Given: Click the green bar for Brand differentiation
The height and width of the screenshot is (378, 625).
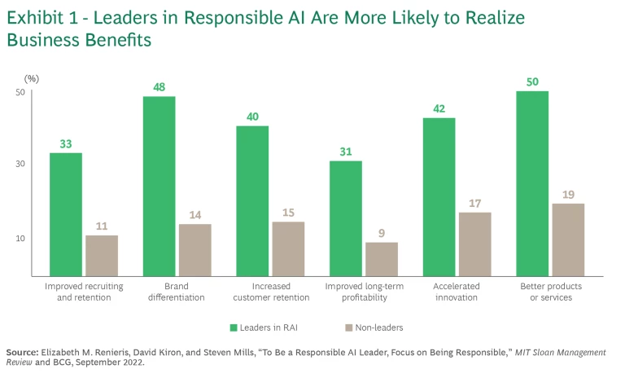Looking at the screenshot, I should point(159,187).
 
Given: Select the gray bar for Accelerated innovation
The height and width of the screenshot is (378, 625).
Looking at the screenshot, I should point(475,244).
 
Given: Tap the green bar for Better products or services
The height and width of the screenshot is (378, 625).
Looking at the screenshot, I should point(531,183).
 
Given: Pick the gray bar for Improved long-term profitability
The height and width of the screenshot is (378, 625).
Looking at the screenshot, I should point(382,259).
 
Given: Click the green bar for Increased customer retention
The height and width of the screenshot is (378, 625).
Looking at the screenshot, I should point(252,201).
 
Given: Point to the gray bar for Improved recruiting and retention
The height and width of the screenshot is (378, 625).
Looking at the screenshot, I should point(102,256).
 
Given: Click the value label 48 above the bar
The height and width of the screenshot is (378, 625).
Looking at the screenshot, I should point(159,86).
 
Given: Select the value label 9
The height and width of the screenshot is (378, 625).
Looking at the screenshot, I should point(382,232).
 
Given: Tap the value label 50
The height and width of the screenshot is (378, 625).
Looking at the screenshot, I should point(531,81).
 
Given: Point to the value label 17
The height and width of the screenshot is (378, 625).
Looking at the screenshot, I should point(475,202).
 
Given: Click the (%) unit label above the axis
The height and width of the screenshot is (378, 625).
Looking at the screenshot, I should point(31,79).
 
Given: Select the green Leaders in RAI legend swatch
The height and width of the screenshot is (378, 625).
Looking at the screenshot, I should point(233,327).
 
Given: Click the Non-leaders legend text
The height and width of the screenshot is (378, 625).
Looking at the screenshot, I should point(378,327).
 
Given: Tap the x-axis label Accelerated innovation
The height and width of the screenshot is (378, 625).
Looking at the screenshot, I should point(457,292).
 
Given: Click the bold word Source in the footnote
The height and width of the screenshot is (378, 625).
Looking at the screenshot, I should point(21,352).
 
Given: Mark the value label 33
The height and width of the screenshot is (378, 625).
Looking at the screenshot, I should point(65,144).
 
